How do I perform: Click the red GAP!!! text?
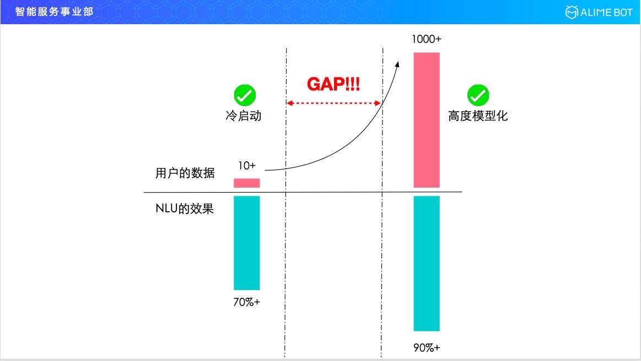coord(333,84)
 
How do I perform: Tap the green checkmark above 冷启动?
coord(244,96)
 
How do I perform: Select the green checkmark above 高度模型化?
coord(478,96)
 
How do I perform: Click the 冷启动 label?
coord(243,117)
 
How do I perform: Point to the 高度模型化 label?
coord(478,117)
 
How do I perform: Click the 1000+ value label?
coord(427,40)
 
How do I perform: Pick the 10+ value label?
coord(246,165)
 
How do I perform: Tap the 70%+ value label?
coord(246,302)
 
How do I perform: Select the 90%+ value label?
coord(427,348)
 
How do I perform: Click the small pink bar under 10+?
coord(246,183)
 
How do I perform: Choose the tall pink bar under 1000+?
coord(427,120)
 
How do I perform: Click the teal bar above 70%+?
coord(246,243)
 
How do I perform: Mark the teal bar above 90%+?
coord(427,263)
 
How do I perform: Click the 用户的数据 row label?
coord(185,173)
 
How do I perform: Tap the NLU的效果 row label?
coord(184,209)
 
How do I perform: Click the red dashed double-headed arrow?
coord(333,103)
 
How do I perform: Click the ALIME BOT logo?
coord(599,12)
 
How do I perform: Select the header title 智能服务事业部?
coord(54,12)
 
